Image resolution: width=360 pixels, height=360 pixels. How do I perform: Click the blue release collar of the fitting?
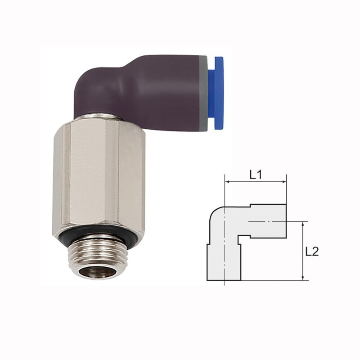pyautogui.click(x=218, y=93)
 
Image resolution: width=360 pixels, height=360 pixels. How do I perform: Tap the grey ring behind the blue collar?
pyautogui.click(x=203, y=93)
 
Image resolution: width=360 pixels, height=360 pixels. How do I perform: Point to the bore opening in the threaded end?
pyautogui.click(x=97, y=273)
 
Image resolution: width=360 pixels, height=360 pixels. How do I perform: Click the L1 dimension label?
pyautogui.click(x=256, y=175)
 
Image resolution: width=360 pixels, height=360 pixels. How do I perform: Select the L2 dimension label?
pyautogui.click(x=312, y=252)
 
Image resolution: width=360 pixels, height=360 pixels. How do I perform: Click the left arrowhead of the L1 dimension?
pyautogui.click(x=227, y=182)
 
